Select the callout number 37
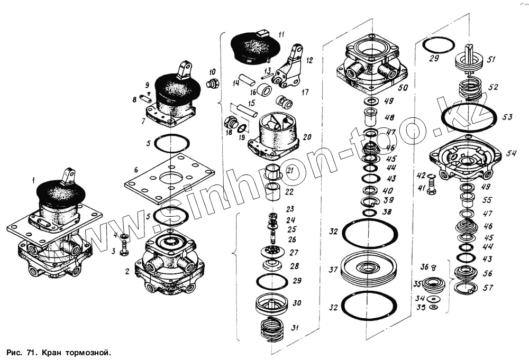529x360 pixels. tap(333, 270)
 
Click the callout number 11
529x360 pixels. tap(281, 34)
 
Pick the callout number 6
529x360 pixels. tap(136, 170)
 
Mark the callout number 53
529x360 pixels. tap(507, 117)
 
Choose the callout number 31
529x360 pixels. tap(294, 328)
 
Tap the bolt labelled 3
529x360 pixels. tap(123, 248)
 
